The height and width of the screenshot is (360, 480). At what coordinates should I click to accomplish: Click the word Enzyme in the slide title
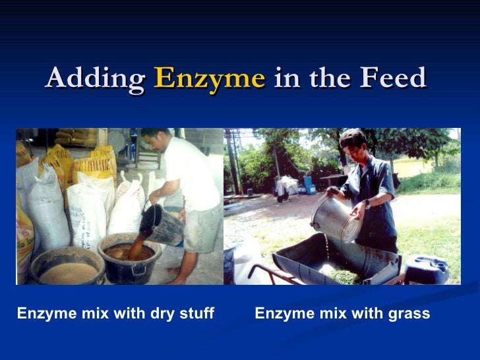(209, 79)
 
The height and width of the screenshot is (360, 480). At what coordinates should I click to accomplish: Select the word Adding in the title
(96, 79)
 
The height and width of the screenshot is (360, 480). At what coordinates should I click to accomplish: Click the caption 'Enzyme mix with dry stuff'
(115, 314)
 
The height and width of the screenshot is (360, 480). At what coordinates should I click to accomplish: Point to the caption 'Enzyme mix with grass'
(342, 314)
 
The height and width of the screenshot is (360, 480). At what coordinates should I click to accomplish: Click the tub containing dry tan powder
(67, 268)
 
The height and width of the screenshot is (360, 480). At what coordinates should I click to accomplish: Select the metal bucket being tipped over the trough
(337, 218)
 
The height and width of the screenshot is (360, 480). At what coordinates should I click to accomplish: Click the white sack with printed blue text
(86, 211)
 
